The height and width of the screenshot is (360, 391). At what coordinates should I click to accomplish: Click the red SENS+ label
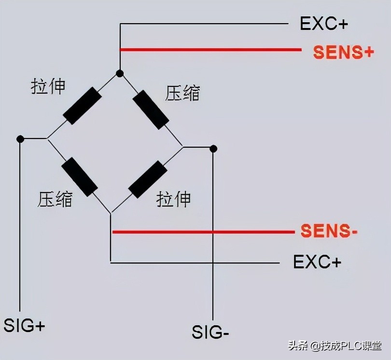pos(343,52)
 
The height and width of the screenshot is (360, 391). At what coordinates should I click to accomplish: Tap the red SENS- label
pos(329,231)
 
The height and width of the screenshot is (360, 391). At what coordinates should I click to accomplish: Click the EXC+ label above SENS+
pos(324,24)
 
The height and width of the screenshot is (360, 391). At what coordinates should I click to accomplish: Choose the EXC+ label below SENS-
pos(317,262)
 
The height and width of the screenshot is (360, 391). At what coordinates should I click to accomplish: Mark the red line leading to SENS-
pos(203,232)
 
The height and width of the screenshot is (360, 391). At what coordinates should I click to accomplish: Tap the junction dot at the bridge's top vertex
pos(120,73)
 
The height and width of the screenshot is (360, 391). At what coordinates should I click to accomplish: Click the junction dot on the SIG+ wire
pos(20,139)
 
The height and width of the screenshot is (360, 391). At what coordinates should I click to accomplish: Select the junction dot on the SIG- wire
pos(213,148)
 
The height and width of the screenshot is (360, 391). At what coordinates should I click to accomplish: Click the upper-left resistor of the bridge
pos(82,106)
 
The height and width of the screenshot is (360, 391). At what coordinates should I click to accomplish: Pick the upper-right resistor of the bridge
pos(151,109)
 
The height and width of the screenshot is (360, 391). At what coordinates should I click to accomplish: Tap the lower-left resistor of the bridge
pos(79,177)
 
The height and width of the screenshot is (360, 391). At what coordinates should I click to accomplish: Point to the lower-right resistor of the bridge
pos(148,180)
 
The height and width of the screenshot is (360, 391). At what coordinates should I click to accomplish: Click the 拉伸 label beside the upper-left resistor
pos(48,87)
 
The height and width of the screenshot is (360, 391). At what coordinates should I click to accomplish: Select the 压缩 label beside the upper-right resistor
pos(182,93)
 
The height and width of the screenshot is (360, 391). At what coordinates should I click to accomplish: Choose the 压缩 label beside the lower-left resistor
pos(55,199)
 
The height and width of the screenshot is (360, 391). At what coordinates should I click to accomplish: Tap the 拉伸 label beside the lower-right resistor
pos(174,199)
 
